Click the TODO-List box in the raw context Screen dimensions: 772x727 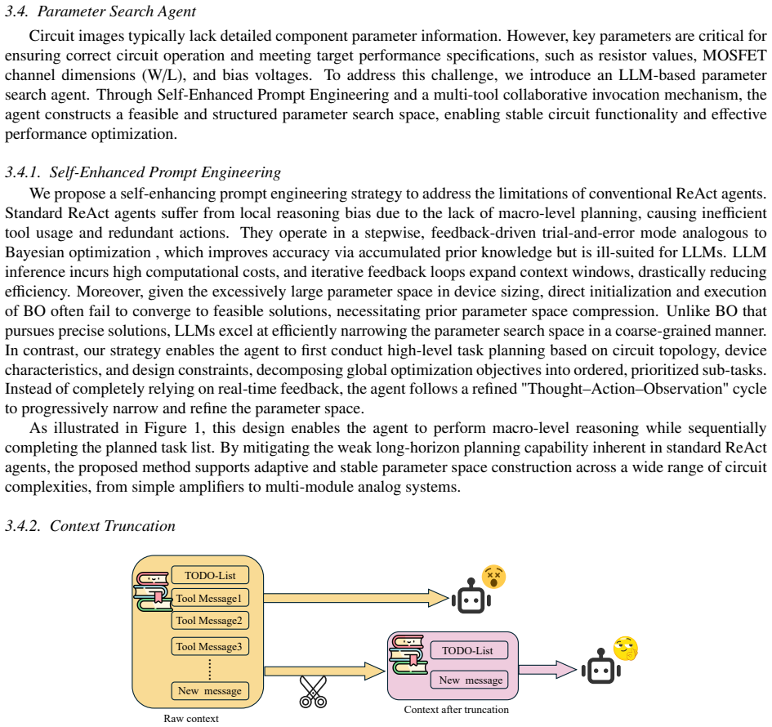point(210,575)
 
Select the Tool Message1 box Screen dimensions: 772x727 point(210,598)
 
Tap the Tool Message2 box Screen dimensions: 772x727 point(210,620)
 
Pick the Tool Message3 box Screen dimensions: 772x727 point(210,646)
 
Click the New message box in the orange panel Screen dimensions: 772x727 point(210,690)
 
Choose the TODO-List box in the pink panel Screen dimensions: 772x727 point(469,650)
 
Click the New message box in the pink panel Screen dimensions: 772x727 point(469,680)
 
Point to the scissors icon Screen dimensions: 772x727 point(313,692)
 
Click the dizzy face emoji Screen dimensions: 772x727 point(493,577)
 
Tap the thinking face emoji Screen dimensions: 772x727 point(626,649)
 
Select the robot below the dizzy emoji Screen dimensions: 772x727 point(471,596)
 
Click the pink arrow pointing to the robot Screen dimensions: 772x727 point(547,669)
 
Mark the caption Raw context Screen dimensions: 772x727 point(191,718)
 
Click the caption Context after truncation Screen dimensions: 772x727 point(457,709)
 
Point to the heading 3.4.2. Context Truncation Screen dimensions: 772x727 point(90,526)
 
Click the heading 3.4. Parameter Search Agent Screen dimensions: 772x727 point(100,11)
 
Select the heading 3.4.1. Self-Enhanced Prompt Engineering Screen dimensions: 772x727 point(143,172)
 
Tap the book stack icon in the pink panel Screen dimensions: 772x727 point(408,654)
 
